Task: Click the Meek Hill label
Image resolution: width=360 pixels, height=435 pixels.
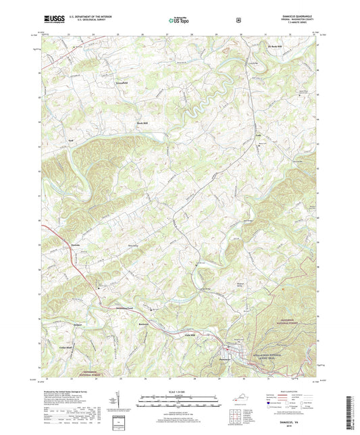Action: point(140,123)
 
